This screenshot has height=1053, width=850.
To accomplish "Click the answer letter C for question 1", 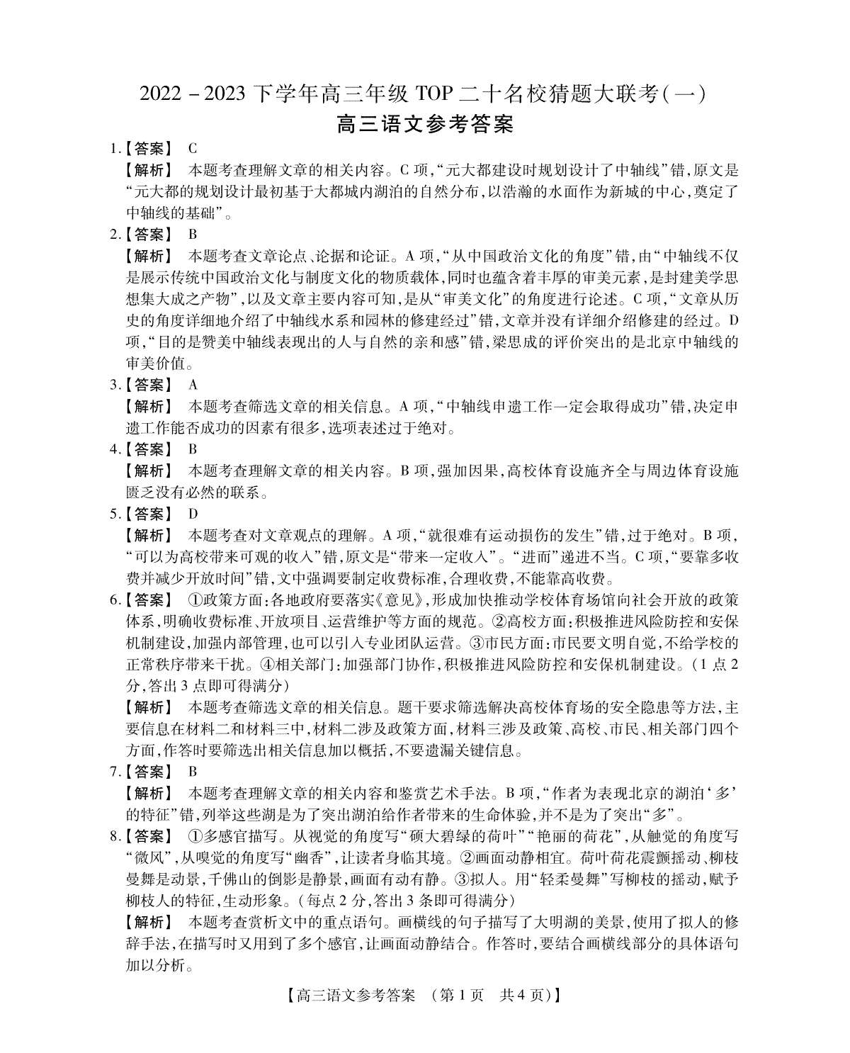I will [193, 149].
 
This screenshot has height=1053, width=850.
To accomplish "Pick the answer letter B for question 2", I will [193, 234].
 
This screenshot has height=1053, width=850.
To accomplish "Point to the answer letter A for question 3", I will [193, 385].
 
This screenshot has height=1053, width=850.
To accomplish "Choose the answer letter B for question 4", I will [193, 449].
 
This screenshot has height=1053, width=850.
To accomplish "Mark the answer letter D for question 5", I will [193, 513].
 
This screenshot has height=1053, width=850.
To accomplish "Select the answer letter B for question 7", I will [193, 771].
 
